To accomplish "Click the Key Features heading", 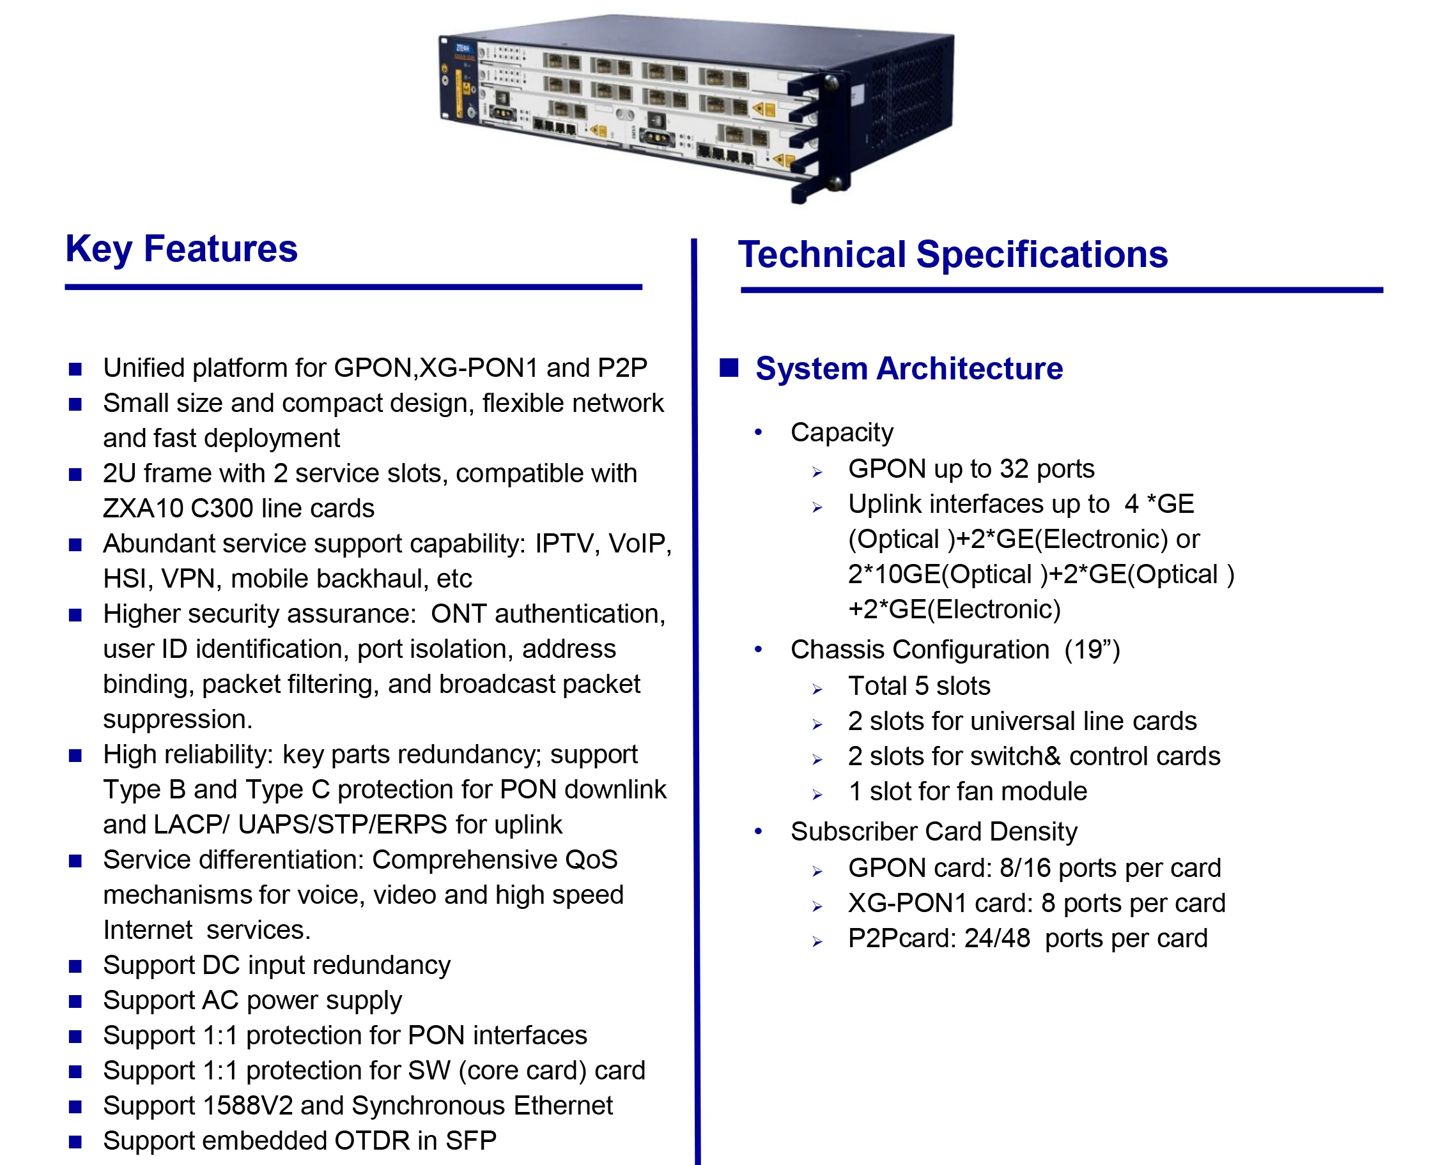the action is tap(182, 249).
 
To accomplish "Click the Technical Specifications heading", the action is tap(953, 254).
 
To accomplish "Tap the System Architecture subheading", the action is tap(909, 369).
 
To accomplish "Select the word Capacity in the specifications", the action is tap(841, 432).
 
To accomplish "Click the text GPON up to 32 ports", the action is tap(971, 468).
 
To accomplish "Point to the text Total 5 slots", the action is tap(918, 686).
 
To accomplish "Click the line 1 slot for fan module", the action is tap(967, 791).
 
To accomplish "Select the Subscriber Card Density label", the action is tap(933, 832).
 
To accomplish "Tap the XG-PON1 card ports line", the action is tap(1036, 903).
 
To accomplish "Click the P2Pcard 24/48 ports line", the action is tap(1027, 938).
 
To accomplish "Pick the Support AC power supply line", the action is tap(252, 1000).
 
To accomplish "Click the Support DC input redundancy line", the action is tap(277, 965).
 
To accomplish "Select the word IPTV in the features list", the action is tap(566, 544).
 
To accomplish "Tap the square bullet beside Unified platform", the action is tap(75, 369).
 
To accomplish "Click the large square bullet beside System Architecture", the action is tap(729, 368).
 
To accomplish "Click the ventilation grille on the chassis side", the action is tap(906, 94).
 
